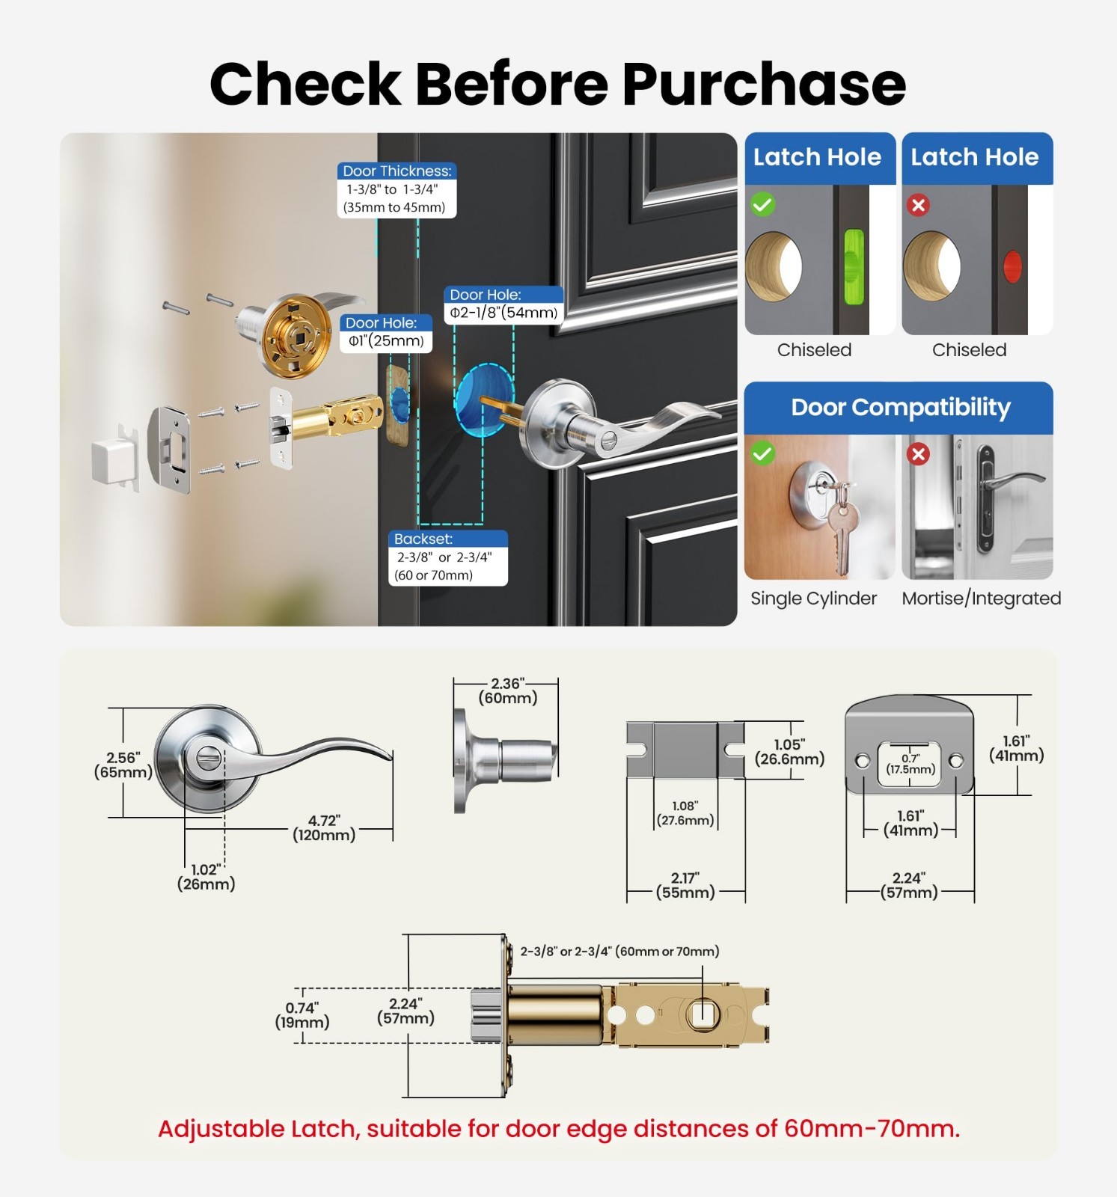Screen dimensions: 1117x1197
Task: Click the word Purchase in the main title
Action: click(764, 84)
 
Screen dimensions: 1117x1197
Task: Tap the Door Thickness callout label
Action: click(397, 189)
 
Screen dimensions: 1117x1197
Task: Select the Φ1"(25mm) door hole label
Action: click(386, 332)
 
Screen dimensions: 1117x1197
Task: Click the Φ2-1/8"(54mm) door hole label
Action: click(504, 304)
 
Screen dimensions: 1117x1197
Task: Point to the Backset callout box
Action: click(447, 557)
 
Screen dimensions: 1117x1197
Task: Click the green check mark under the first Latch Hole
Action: click(763, 204)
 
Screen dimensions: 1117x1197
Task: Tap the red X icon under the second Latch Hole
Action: click(919, 205)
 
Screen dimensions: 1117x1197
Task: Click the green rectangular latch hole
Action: click(854, 267)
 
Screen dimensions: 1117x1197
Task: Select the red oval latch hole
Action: click(1012, 267)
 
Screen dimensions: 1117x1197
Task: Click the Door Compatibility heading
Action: click(901, 407)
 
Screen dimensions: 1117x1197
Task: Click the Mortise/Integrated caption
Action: click(981, 598)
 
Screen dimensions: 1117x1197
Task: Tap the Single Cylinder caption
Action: click(813, 598)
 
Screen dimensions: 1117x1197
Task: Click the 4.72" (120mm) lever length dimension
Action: click(324, 828)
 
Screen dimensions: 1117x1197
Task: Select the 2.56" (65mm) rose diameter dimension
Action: click(123, 765)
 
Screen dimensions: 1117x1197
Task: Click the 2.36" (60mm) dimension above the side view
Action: click(508, 691)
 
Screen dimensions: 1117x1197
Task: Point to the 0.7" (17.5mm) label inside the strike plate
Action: click(911, 764)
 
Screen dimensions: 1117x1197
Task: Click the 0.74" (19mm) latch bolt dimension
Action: click(302, 1015)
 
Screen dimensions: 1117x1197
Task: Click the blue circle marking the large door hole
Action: click(484, 398)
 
